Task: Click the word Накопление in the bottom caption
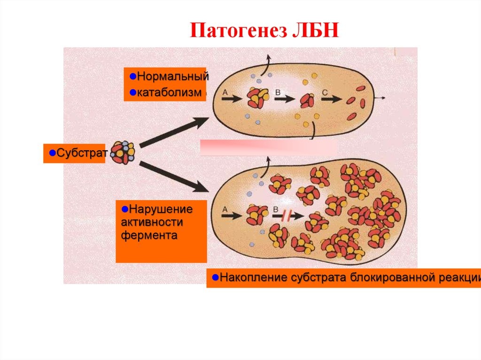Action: click(x=248, y=277)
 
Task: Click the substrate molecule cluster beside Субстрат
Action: click(x=123, y=152)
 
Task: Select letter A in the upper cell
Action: click(x=225, y=93)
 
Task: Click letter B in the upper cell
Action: click(x=278, y=93)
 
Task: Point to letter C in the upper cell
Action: click(x=325, y=93)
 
